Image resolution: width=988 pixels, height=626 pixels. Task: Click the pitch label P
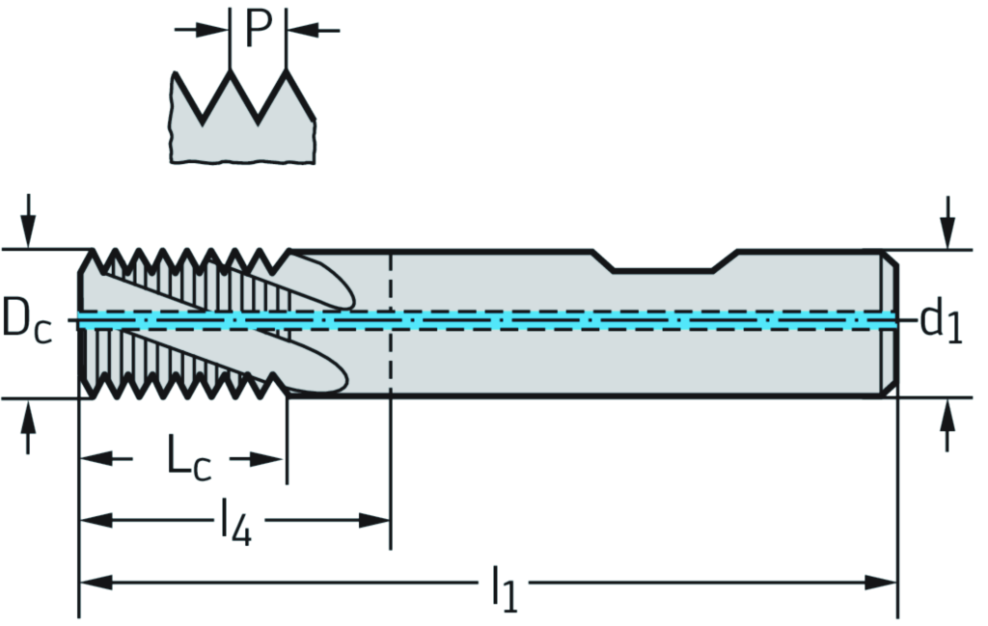[x=258, y=29]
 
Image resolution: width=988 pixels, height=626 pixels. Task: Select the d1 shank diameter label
[x=942, y=321]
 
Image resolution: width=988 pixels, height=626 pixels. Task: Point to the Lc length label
[x=189, y=459]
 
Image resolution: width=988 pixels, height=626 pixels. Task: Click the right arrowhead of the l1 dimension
[x=882, y=583]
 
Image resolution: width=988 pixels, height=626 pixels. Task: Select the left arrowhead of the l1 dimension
[x=95, y=583]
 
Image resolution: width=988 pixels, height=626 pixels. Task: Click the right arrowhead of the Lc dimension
[x=270, y=459]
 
